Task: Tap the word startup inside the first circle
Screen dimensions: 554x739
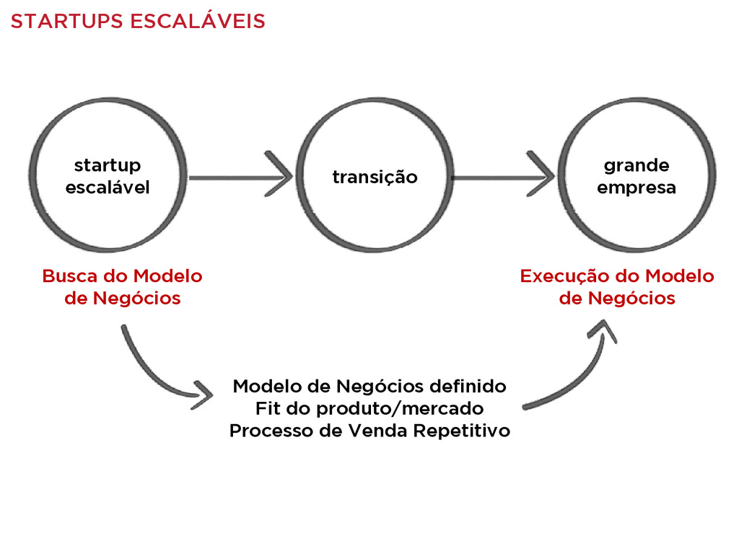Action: [108, 167]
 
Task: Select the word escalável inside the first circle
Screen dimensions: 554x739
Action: [108, 188]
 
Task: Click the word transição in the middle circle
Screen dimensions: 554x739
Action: [375, 177]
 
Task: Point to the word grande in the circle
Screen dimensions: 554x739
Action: [637, 166]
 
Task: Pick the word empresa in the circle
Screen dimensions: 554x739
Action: [637, 188]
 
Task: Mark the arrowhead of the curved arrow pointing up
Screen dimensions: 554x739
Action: [603, 330]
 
